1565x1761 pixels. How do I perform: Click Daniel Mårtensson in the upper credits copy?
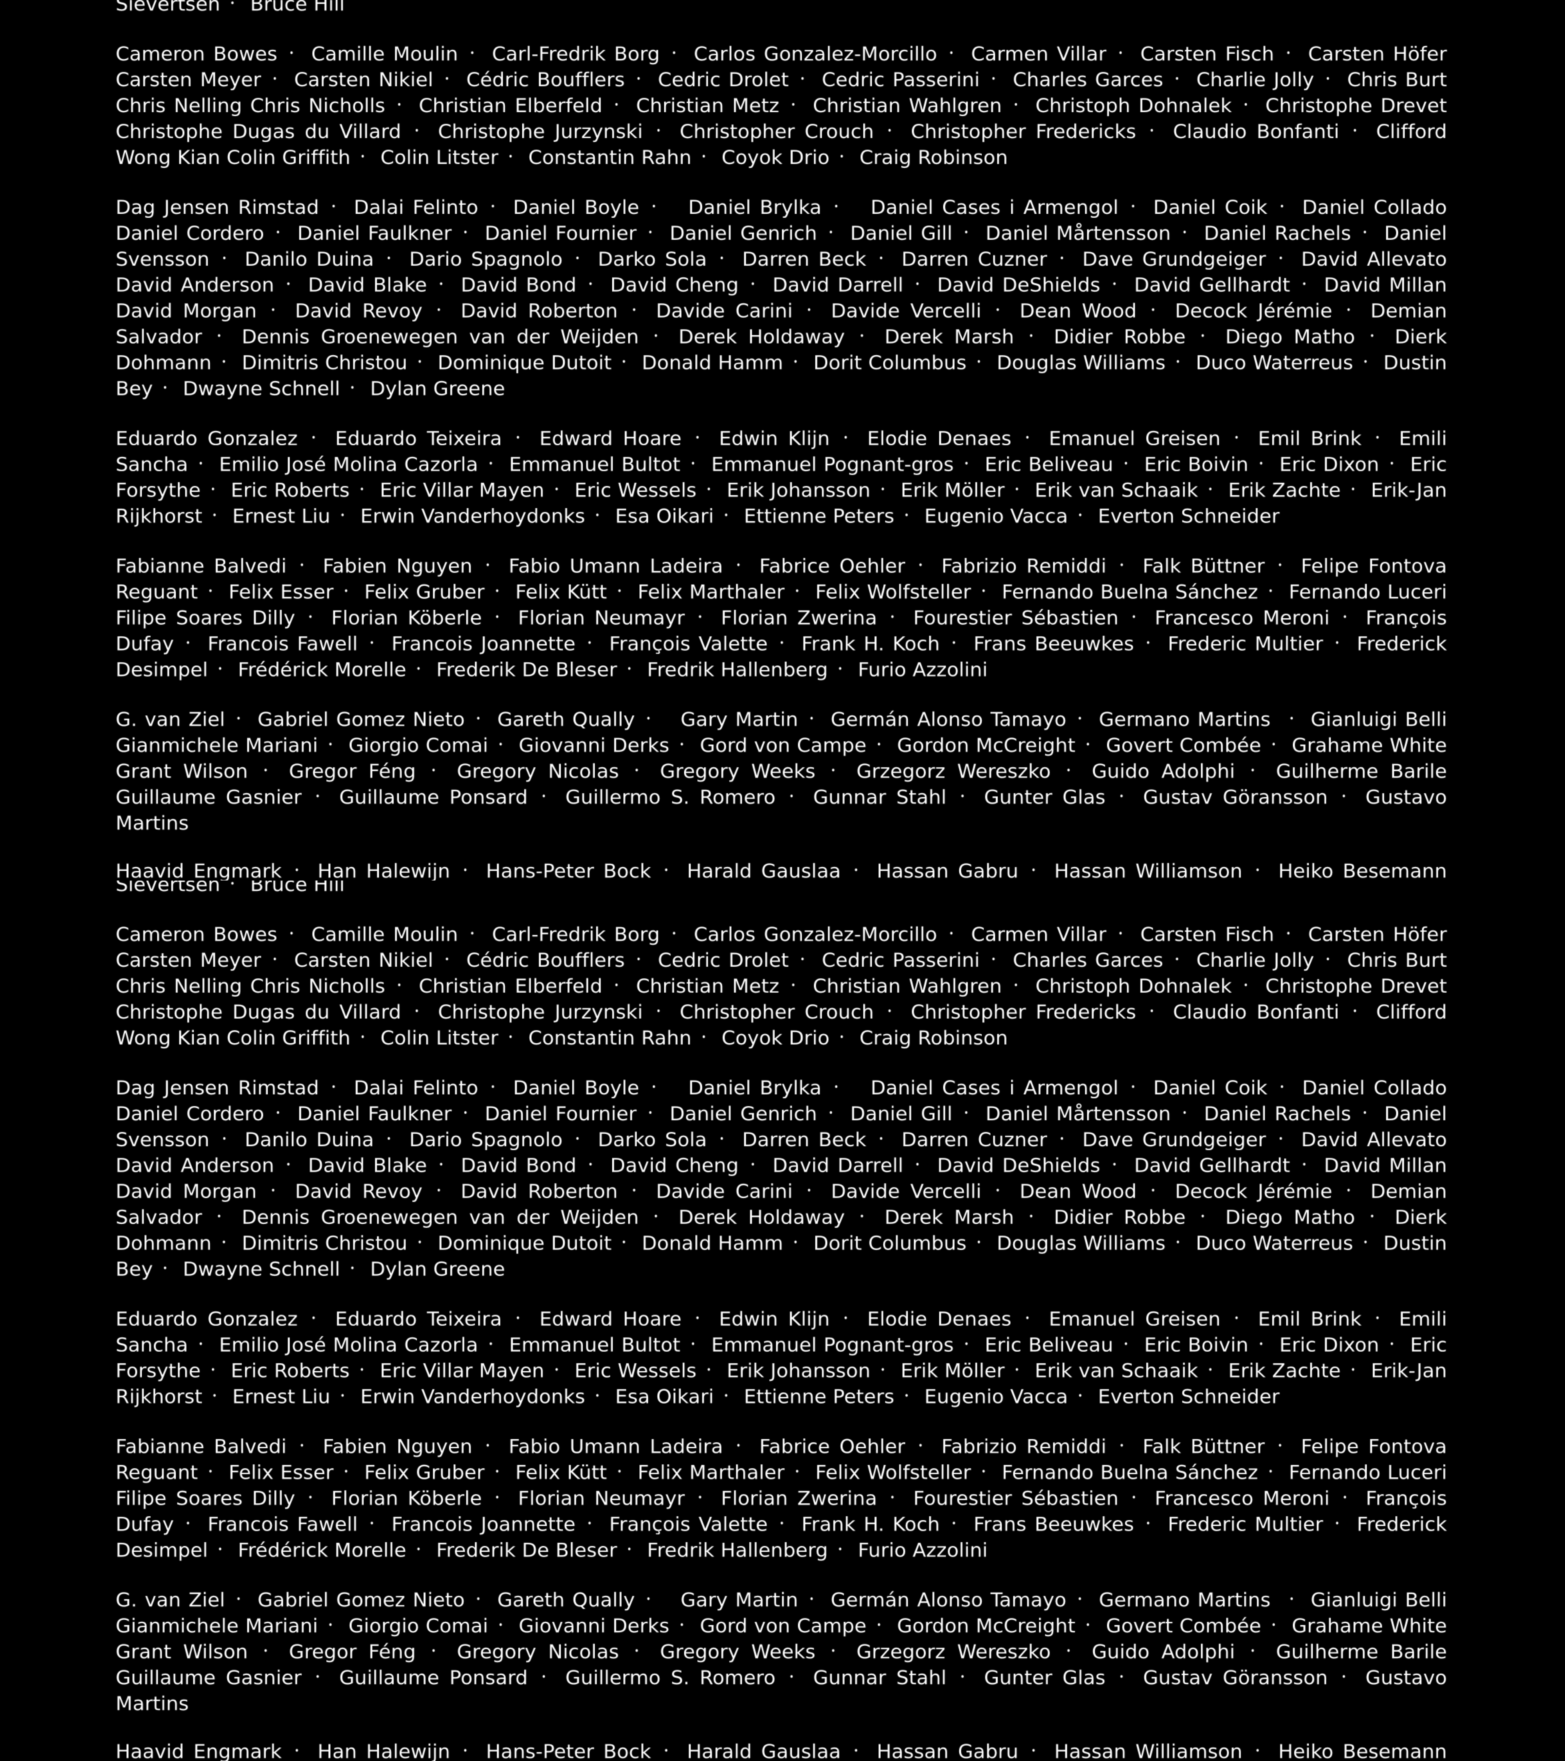pyautogui.click(x=1078, y=234)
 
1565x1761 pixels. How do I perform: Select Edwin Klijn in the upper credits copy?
pyautogui.click(x=774, y=439)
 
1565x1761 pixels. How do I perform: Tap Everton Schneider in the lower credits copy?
pyautogui.click(x=1189, y=1397)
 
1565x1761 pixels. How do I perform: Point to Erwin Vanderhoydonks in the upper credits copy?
pyautogui.click(x=472, y=516)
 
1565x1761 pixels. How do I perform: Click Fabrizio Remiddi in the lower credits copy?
pyautogui.click(x=1023, y=1446)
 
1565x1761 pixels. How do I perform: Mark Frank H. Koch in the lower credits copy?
pyautogui.click(x=870, y=1524)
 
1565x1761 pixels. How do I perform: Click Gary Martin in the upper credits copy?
pyautogui.click(x=738, y=719)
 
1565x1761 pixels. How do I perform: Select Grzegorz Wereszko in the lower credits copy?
pyautogui.click(x=953, y=1651)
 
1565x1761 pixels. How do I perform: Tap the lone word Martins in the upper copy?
pyautogui.click(x=151, y=823)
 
